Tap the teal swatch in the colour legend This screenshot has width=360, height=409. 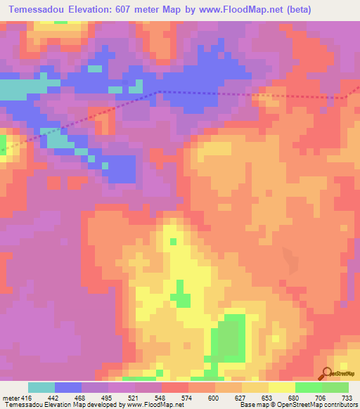[41, 387]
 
